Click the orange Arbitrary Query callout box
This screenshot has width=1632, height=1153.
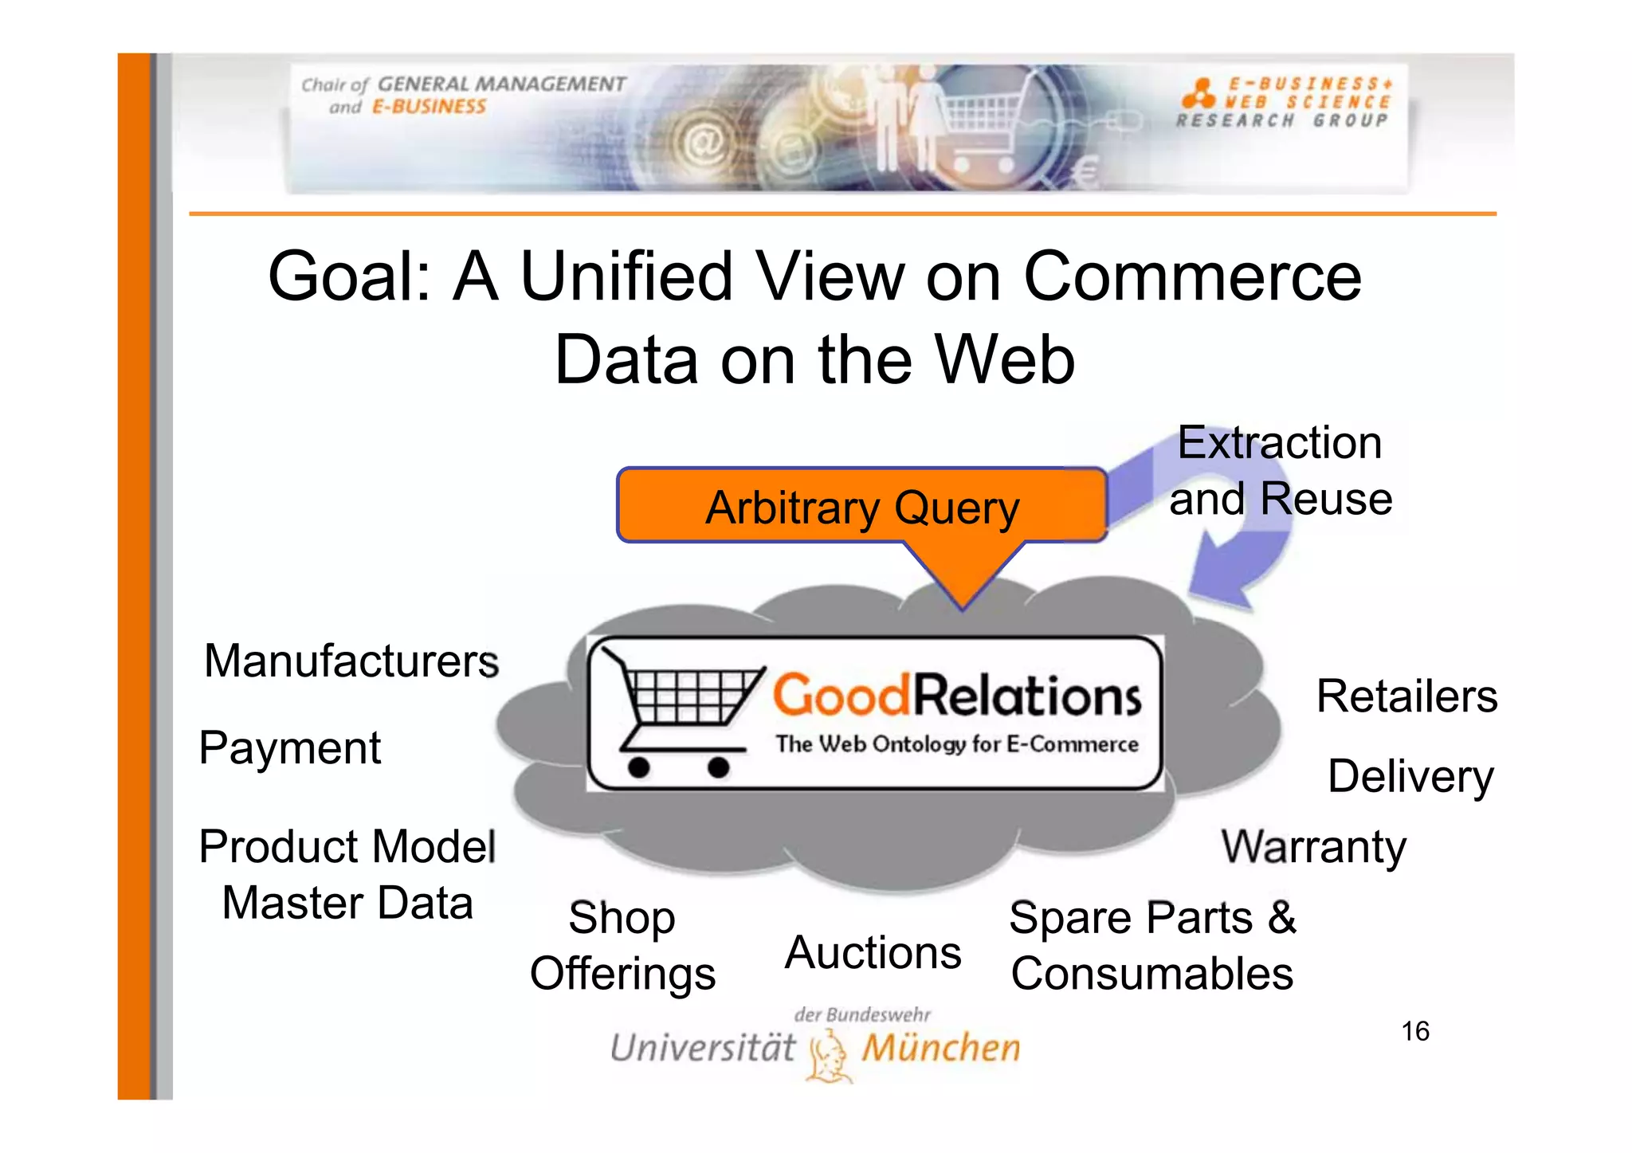point(861,507)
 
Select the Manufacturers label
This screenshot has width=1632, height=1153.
point(351,661)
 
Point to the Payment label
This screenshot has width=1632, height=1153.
point(290,748)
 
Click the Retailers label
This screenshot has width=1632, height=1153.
point(1406,696)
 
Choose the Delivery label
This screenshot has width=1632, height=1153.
point(1410,777)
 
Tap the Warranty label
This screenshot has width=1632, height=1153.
point(1313,847)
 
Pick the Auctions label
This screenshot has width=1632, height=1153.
point(873,953)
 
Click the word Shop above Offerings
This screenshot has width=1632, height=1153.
point(622,918)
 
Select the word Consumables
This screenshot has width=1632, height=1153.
point(1151,974)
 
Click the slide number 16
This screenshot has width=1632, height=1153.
point(1415,1032)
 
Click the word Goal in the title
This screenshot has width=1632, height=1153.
point(348,277)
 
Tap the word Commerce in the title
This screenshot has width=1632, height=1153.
point(1192,277)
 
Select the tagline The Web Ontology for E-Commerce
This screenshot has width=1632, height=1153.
point(956,744)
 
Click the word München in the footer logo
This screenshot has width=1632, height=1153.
point(940,1048)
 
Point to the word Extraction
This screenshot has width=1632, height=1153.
point(1279,443)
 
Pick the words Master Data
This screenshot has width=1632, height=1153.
point(347,904)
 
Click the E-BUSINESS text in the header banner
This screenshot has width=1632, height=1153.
point(429,107)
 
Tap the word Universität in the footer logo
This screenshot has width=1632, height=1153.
point(702,1048)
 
